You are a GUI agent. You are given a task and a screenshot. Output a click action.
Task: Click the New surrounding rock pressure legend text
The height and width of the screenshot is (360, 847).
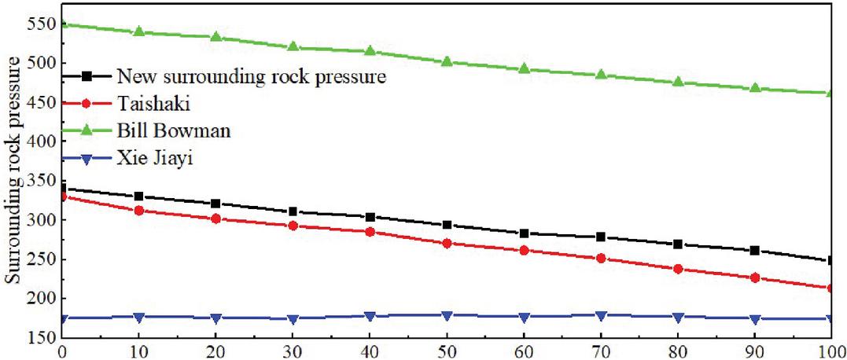[251, 76]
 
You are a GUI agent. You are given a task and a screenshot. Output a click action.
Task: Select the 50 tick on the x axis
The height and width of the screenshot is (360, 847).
[447, 351]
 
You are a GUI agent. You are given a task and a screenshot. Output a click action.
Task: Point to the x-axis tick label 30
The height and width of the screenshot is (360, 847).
[293, 351]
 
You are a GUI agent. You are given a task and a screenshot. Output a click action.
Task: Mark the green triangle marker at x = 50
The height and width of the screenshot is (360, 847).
[447, 61]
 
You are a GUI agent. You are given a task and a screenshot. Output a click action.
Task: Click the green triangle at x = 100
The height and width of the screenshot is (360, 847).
[831, 93]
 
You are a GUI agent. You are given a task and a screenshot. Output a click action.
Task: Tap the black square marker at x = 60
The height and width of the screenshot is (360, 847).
[524, 233]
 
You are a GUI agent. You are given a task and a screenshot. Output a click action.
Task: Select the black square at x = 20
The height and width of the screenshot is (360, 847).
[215, 204]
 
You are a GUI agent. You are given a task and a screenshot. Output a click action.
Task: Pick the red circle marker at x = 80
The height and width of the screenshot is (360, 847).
[678, 269]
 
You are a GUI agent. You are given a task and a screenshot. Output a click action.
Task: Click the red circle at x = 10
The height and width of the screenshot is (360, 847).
[138, 211]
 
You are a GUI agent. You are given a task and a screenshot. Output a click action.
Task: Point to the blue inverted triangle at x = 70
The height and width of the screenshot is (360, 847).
[601, 316]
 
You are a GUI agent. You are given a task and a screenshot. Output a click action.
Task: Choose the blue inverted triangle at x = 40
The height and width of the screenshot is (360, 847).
[370, 317]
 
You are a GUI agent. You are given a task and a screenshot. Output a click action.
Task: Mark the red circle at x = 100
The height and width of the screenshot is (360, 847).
[831, 288]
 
